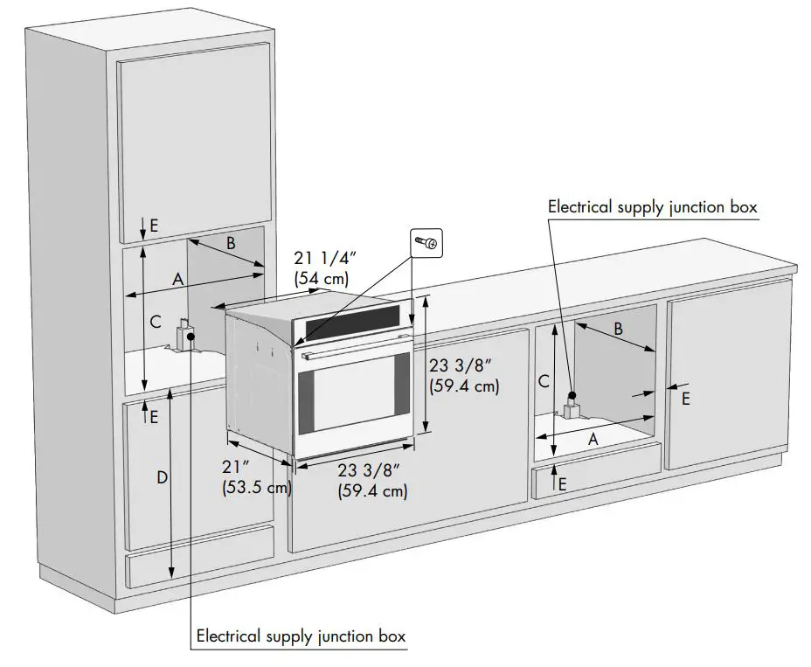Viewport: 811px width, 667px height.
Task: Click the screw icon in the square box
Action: [427, 241]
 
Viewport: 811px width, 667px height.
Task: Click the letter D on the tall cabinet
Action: [162, 477]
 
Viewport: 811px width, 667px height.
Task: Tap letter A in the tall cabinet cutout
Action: [177, 279]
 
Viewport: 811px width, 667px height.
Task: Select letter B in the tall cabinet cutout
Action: [230, 244]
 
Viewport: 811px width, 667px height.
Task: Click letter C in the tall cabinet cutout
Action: [155, 322]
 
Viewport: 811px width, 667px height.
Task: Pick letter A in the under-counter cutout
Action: [593, 440]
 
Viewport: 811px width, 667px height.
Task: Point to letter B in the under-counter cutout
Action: [617, 329]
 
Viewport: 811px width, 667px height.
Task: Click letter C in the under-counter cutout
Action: [543, 381]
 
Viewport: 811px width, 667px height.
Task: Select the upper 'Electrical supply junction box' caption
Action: [652, 207]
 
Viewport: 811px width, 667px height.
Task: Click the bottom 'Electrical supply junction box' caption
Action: [301, 636]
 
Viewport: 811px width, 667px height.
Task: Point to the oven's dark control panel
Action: [350, 326]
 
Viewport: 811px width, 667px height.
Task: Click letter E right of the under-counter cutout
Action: [685, 398]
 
